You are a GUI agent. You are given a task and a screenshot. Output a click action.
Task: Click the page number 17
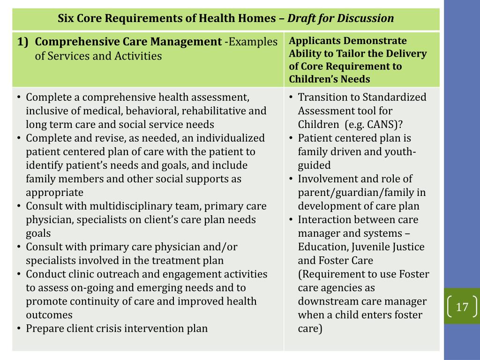click(x=462, y=307)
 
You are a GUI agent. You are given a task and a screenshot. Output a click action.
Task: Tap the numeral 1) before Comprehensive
click(x=24, y=42)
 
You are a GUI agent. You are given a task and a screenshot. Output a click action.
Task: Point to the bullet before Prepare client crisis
click(x=18, y=329)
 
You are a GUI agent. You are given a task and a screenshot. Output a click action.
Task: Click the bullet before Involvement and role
click(x=291, y=179)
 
